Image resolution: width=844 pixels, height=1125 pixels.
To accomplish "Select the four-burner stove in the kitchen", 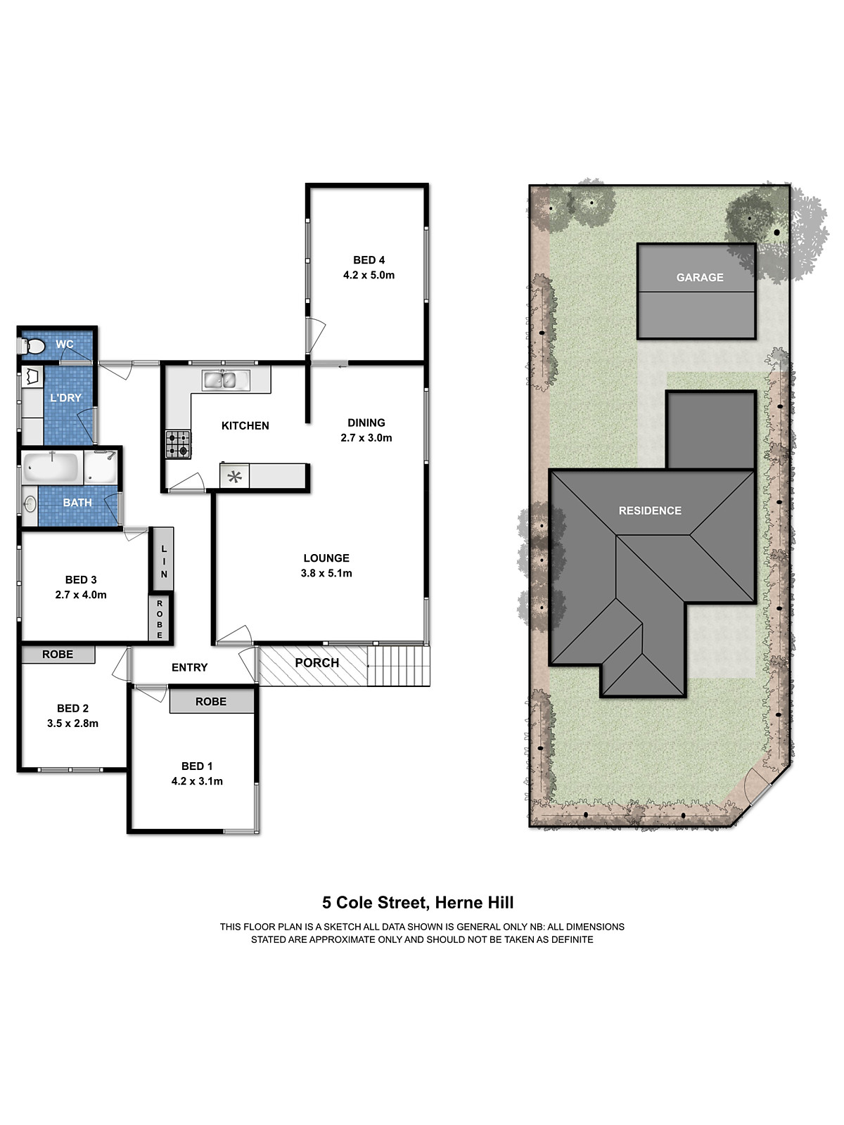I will tap(177, 444).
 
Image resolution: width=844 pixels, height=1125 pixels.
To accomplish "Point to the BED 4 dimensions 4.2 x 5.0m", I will tap(369, 275).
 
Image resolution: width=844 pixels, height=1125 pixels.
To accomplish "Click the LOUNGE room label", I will tap(326, 558).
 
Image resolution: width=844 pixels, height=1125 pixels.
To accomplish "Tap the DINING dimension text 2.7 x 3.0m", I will tap(366, 437).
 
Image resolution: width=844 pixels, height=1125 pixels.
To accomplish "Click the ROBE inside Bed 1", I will tap(211, 701).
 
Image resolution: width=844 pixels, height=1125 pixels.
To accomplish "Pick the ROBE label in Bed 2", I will tap(58, 654).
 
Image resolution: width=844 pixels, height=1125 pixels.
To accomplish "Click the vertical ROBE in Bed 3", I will tap(160, 619).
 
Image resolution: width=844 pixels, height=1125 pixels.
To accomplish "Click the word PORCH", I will tap(316, 663).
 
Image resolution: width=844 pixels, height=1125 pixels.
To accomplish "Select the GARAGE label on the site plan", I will tap(699, 278).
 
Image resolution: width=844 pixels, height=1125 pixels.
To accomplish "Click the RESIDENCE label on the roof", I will tap(650, 510).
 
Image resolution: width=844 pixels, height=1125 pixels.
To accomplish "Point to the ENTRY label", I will tap(189, 667).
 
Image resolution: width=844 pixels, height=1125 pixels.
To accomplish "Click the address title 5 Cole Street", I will tap(418, 903).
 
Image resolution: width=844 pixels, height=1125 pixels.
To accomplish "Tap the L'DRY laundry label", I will tap(65, 398).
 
